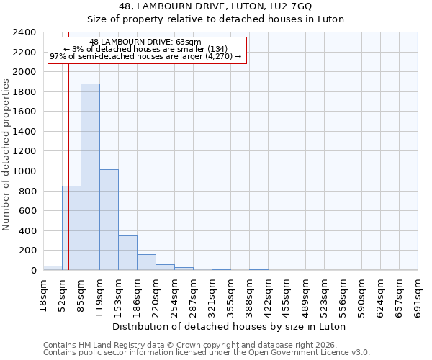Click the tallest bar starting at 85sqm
pyautogui.click(x=90, y=176)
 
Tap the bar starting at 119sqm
pyautogui.click(x=109, y=220)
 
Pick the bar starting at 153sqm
pyautogui.click(x=127, y=253)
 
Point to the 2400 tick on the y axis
pyautogui.click(x=24, y=32)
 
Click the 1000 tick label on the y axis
pyautogui.click(x=24, y=171)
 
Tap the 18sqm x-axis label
pyautogui.click(x=43, y=294)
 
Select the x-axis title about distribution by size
pyautogui.click(x=230, y=326)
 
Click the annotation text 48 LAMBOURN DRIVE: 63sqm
pyautogui.click(x=146, y=42)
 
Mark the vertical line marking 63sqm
pyautogui.click(x=68, y=144)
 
